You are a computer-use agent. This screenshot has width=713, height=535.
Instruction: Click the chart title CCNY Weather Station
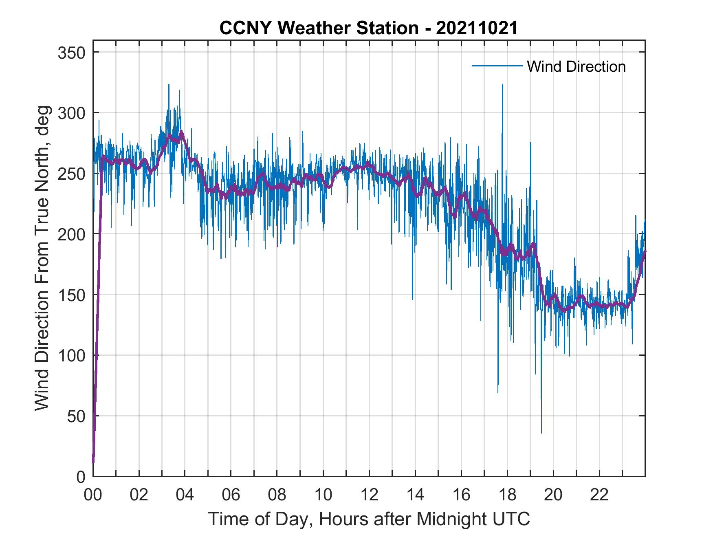coord(368,28)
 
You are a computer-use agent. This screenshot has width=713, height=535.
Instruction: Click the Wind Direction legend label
coord(576,66)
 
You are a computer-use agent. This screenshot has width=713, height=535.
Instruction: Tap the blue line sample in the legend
coord(497,66)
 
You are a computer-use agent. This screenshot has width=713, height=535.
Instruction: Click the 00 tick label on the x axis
coord(93,495)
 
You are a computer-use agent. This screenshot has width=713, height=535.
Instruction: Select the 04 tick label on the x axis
coord(185,495)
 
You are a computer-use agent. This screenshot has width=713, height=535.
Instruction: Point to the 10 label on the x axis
coord(323,495)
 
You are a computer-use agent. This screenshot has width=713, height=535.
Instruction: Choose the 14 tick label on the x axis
coord(415,495)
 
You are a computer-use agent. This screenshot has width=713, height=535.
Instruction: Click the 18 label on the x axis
coord(507,495)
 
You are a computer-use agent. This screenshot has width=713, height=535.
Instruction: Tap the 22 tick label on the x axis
coord(599,495)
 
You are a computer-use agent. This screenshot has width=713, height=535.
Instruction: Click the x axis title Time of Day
coord(369,520)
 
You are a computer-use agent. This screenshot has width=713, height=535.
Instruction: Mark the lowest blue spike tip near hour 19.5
coord(541,433)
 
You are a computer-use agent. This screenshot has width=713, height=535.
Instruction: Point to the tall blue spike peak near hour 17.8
coord(502,85)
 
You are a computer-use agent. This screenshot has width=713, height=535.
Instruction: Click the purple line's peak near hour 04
coord(181,131)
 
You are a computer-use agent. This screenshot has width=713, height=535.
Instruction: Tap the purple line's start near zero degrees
coord(94,462)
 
